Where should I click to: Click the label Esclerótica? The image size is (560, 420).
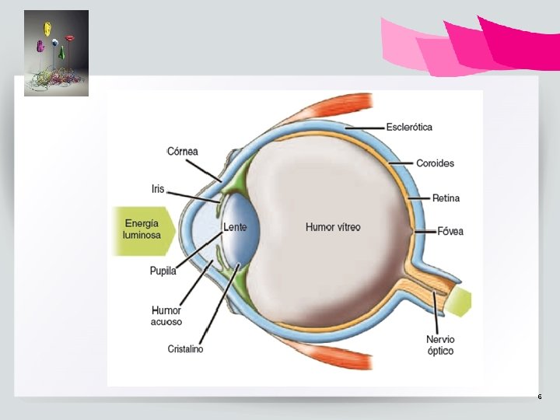click(409, 127)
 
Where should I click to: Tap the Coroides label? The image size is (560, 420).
click(435, 163)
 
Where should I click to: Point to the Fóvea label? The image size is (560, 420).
click(450, 231)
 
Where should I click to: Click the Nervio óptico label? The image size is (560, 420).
click(440, 345)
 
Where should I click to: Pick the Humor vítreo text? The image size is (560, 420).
click(333, 227)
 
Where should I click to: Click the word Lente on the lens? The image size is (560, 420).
click(235, 227)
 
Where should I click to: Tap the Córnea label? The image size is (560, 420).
click(183, 151)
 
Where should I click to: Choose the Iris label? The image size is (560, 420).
click(158, 188)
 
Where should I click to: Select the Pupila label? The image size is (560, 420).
click(163, 271)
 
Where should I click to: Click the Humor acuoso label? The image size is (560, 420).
click(166, 316)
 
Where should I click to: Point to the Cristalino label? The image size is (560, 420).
click(185, 349)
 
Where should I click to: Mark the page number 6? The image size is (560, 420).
click(539, 397)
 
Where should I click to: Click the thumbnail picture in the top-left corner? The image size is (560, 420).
click(56, 53)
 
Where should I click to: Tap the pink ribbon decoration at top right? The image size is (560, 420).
click(474, 44)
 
